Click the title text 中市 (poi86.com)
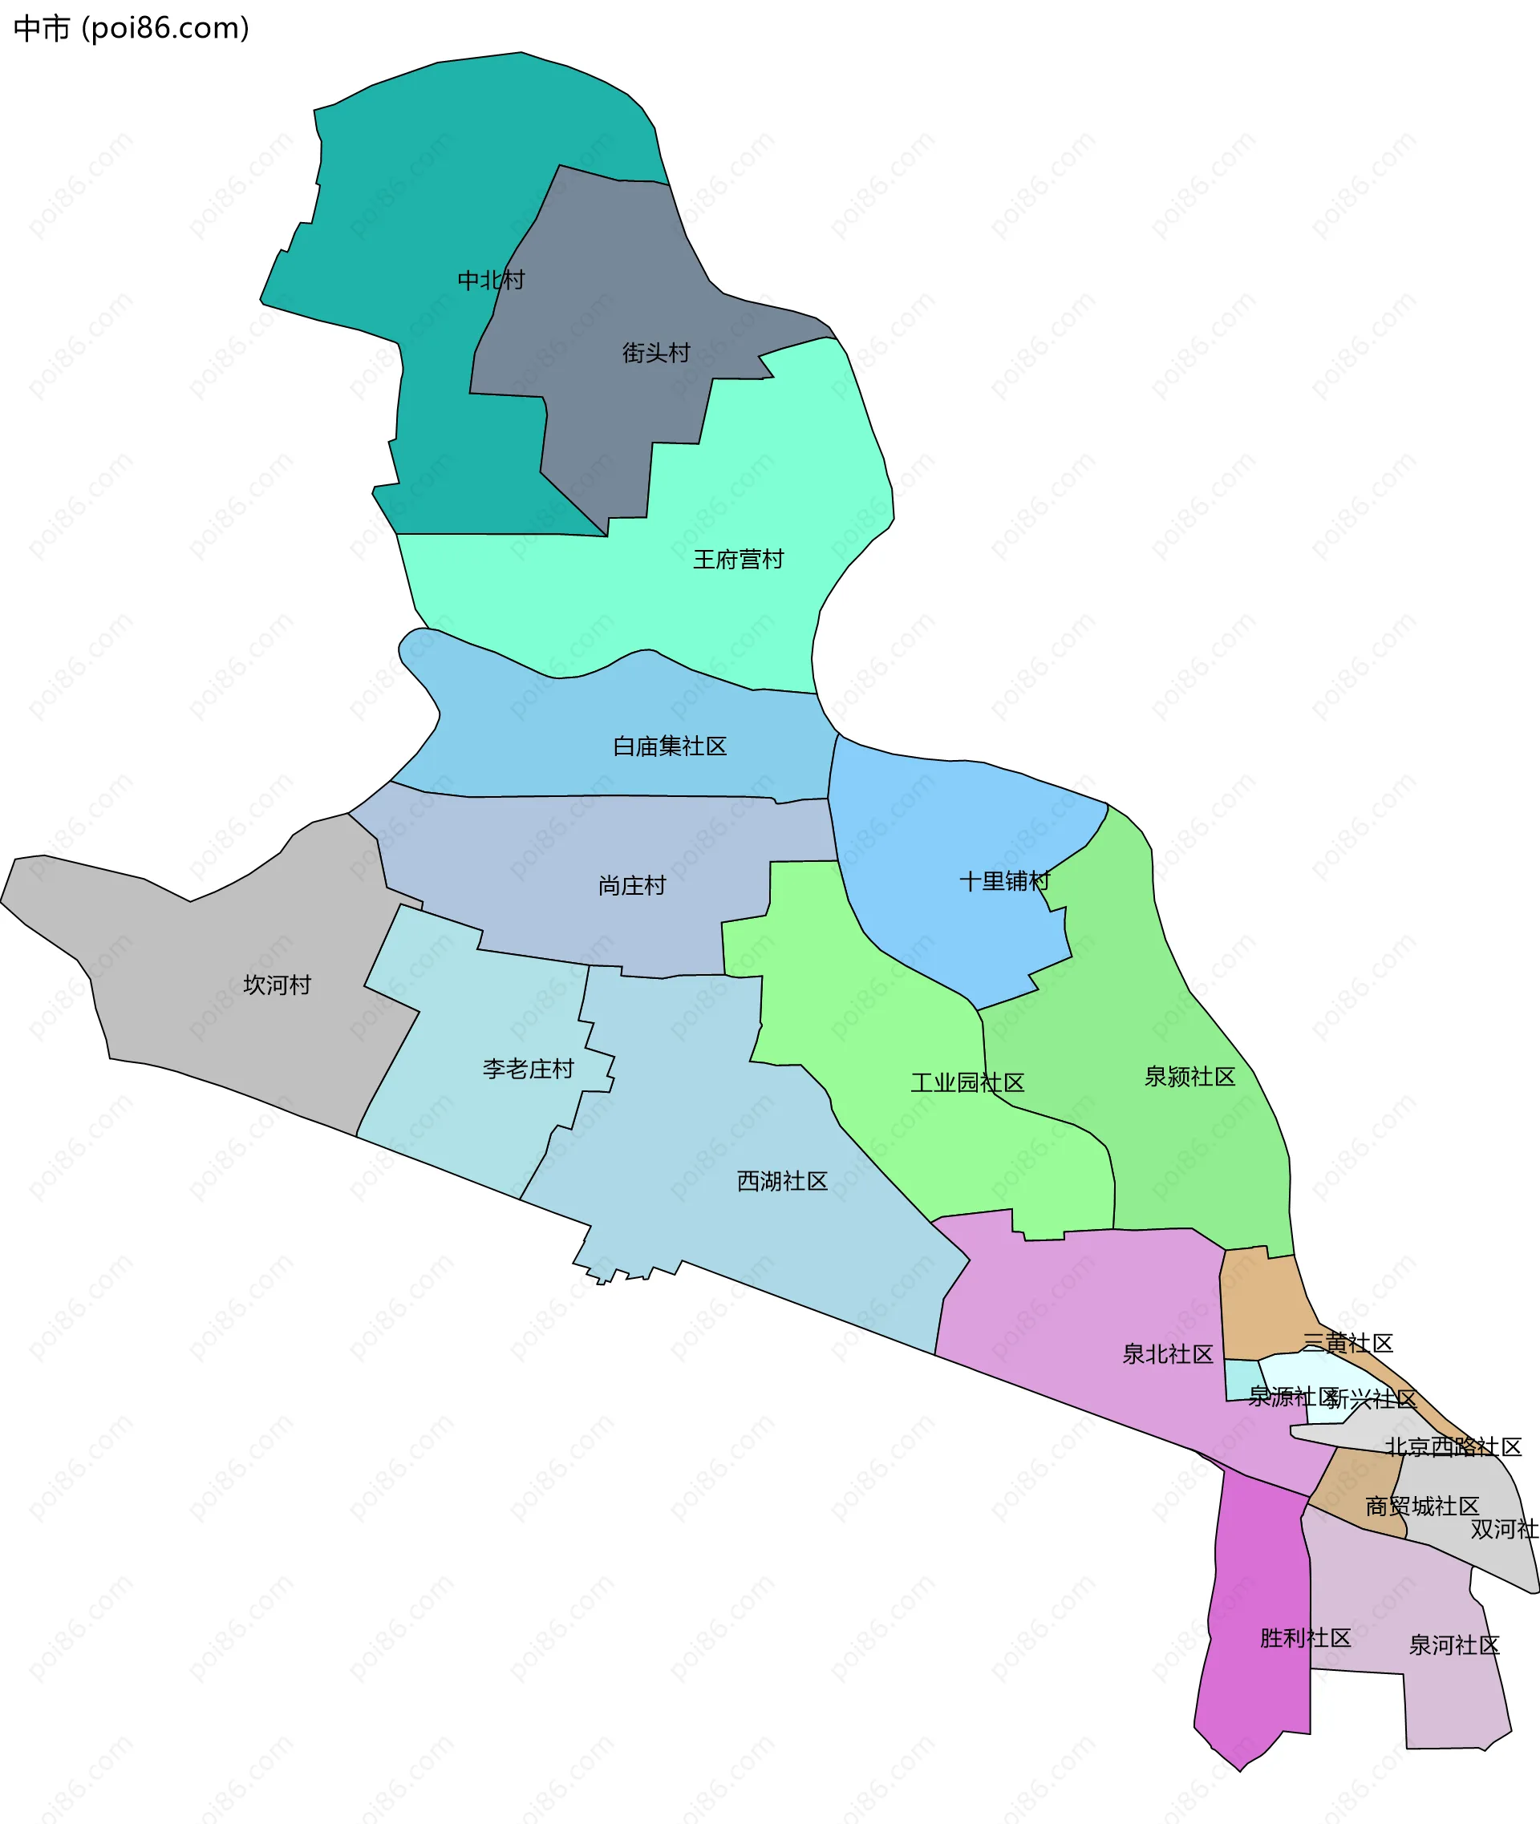coord(131,28)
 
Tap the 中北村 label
coord(491,280)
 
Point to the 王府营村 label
coord(738,560)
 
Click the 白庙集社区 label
coord(670,746)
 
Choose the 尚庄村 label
coord(632,886)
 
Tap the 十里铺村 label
coord(1004,881)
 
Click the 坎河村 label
coord(277,985)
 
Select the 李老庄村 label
coord(529,1069)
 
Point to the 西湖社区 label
coord(782,1182)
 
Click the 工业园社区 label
coord(967,1083)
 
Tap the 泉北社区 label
coord(1167,1354)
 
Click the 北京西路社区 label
coord(1453,1447)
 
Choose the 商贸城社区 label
coord(1422,1507)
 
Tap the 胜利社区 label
coord(1304,1638)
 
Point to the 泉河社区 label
coord(1453,1645)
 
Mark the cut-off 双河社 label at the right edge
coord(1503,1529)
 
